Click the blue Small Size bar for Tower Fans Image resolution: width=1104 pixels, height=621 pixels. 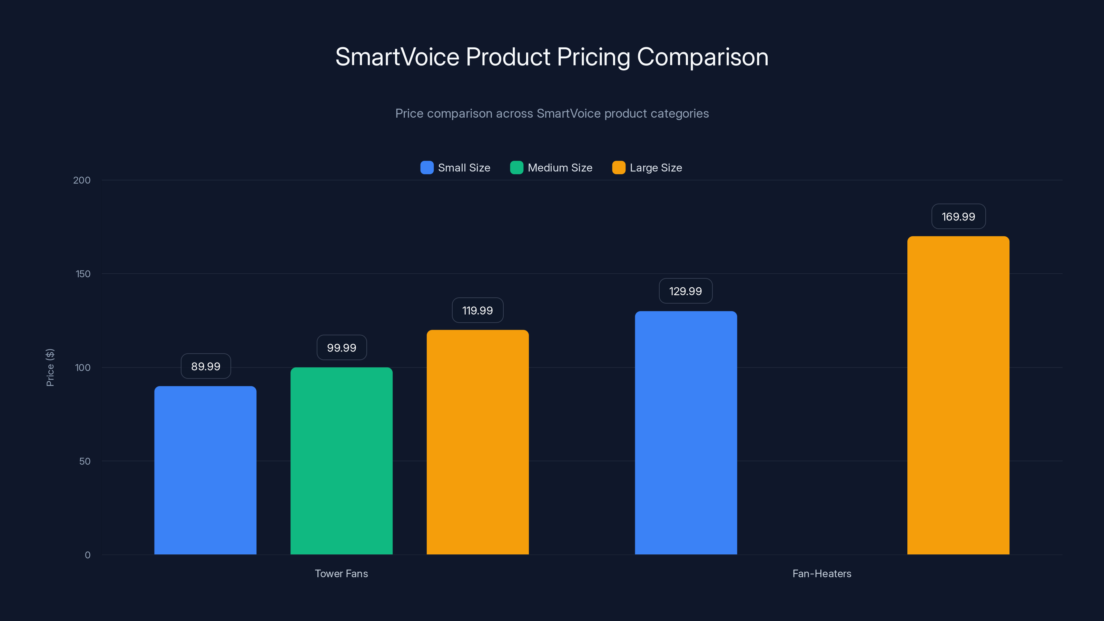(205, 470)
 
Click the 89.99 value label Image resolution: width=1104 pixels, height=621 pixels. (206, 366)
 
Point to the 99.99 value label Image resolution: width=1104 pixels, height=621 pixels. (342, 347)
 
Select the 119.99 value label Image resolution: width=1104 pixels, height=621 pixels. (477, 310)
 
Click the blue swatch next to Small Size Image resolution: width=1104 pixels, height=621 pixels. (427, 168)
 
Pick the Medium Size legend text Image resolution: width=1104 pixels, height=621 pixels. (560, 168)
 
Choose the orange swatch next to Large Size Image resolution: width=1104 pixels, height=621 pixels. (619, 168)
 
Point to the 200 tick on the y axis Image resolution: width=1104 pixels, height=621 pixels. (82, 180)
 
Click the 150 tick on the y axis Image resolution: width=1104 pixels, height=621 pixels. (83, 274)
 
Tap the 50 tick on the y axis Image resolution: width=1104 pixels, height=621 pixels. (85, 461)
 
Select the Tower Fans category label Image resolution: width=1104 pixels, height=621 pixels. (341, 573)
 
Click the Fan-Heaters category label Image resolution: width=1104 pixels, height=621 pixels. (821, 573)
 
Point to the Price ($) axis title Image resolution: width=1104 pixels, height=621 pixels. (50, 367)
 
